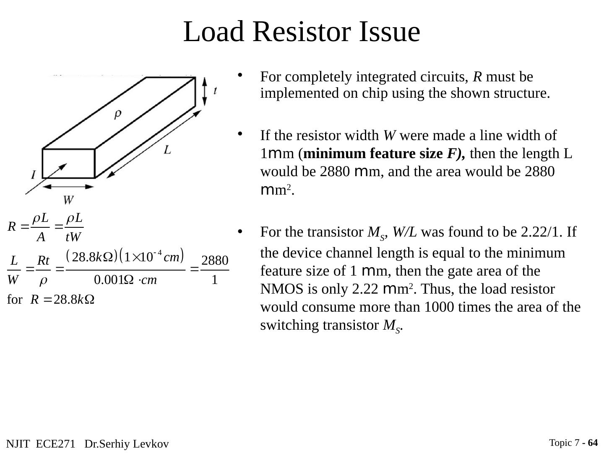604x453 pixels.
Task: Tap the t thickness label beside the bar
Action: pos(215,91)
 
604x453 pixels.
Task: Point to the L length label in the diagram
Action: pos(167,150)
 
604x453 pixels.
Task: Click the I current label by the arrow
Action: pos(33,174)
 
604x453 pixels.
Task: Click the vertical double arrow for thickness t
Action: pos(204,91)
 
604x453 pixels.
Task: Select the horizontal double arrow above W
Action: pos(69,186)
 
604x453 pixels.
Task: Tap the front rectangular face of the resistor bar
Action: pos(69,163)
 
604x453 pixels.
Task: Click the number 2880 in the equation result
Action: pos(215,261)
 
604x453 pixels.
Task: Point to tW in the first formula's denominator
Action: pos(73,237)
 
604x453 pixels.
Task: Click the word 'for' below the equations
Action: pos(15,299)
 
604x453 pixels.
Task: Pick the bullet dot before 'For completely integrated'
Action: pos(240,75)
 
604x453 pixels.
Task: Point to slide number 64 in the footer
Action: pos(593,443)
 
